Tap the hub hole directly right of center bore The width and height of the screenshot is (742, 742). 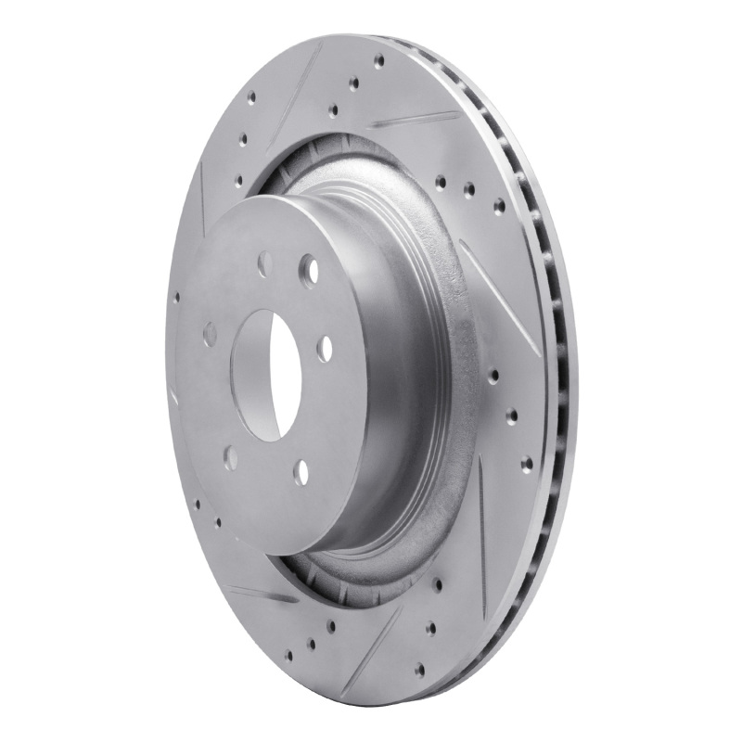[x=324, y=349]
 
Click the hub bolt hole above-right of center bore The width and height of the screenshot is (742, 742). [x=308, y=270]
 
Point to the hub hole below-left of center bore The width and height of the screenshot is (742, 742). [x=230, y=458]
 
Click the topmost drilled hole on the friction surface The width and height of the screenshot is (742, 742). [x=378, y=60]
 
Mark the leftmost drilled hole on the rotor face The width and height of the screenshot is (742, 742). [x=176, y=299]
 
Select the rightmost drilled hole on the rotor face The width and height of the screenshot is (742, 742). [x=527, y=463]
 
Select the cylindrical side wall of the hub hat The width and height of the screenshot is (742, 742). [x=408, y=371]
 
